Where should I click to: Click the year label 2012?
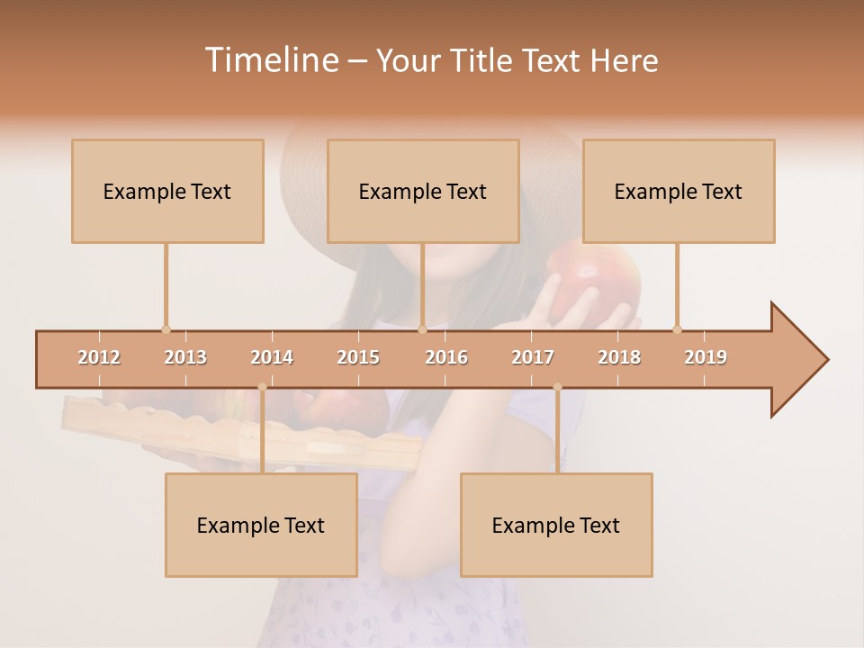(x=99, y=357)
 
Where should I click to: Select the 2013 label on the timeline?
(x=185, y=357)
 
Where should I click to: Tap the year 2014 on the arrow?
(x=272, y=357)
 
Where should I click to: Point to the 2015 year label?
(x=358, y=357)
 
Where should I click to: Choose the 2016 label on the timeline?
(x=446, y=357)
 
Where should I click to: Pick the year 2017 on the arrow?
(x=533, y=357)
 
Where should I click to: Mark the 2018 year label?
(x=619, y=357)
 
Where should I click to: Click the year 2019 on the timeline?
(x=706, y=357)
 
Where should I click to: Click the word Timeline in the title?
(x=270, y=60)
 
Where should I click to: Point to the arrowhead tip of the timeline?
(x=826, y=360)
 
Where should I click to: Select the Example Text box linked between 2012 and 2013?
(x=167, y=191)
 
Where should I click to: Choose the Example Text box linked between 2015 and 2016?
(x=423, y=191)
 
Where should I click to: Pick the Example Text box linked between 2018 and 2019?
(x=679, y=191)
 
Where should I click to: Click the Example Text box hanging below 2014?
(x=261, y=525)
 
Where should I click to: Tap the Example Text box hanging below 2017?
(x=556, y=525)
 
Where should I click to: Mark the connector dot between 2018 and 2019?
(x=677, y=329)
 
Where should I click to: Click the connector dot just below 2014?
(x=262, y=387)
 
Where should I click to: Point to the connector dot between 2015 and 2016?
(x=422, y=329)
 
